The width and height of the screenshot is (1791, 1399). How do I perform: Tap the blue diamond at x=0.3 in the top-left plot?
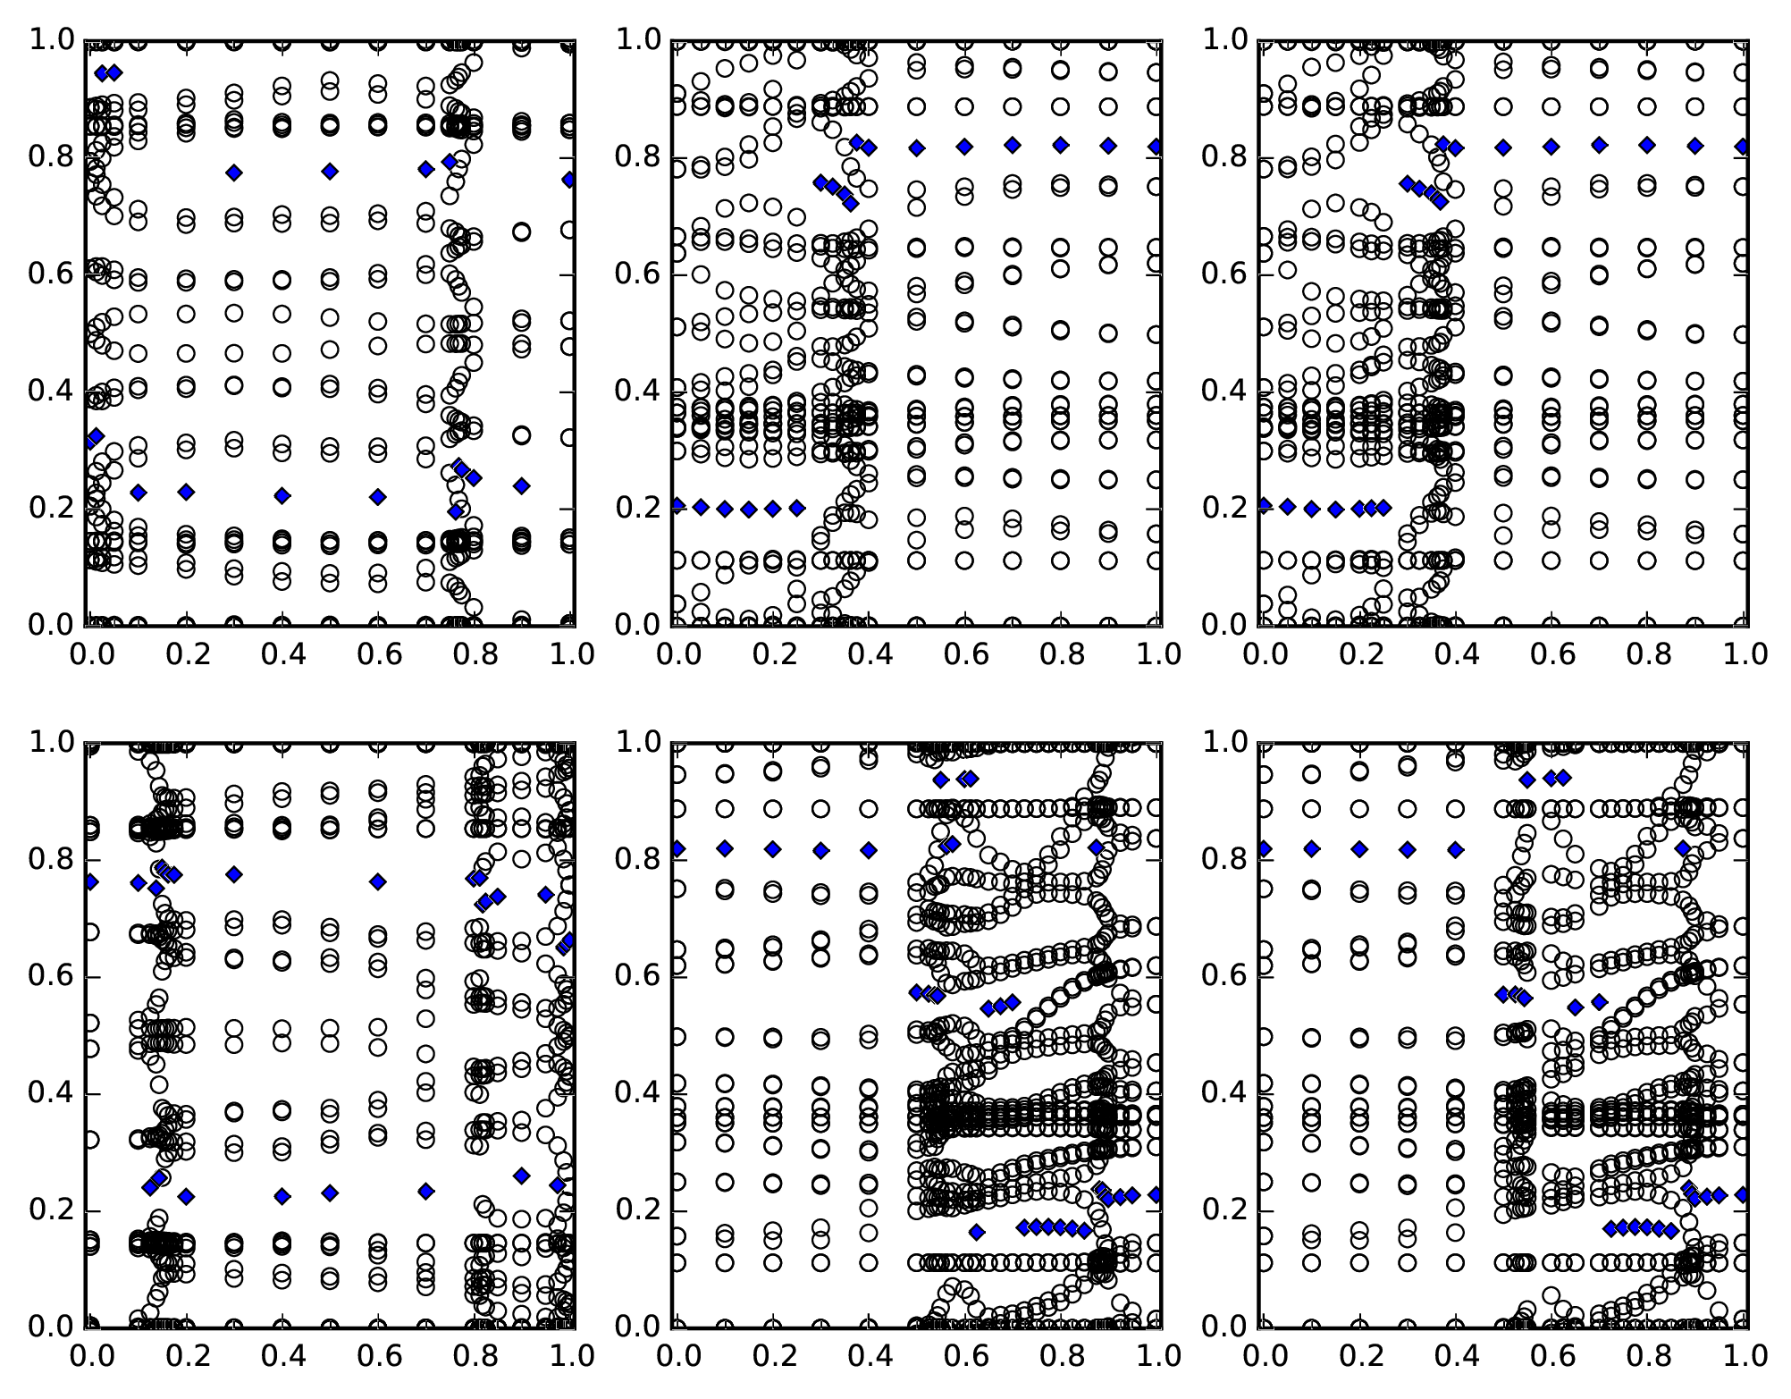click(234, 173)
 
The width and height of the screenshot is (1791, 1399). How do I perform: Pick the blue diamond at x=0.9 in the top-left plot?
click(522, 486)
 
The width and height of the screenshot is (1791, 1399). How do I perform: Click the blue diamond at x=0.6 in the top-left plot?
click(378, 496)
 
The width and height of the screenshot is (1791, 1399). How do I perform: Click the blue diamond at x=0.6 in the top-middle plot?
click(964, 147)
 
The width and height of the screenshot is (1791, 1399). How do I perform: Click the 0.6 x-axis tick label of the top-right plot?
click(1551, 654)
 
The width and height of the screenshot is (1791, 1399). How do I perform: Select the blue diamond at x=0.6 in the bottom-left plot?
click(378, 882)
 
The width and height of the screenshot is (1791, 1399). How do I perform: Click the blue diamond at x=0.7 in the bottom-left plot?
click(426, 1191)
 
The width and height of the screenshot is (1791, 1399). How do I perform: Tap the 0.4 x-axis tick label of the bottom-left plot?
click(282, 1356)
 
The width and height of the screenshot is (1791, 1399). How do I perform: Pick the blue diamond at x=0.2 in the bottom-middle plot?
click(773, 849)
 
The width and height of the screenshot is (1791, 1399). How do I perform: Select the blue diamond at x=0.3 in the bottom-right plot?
click(1408, 849)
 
